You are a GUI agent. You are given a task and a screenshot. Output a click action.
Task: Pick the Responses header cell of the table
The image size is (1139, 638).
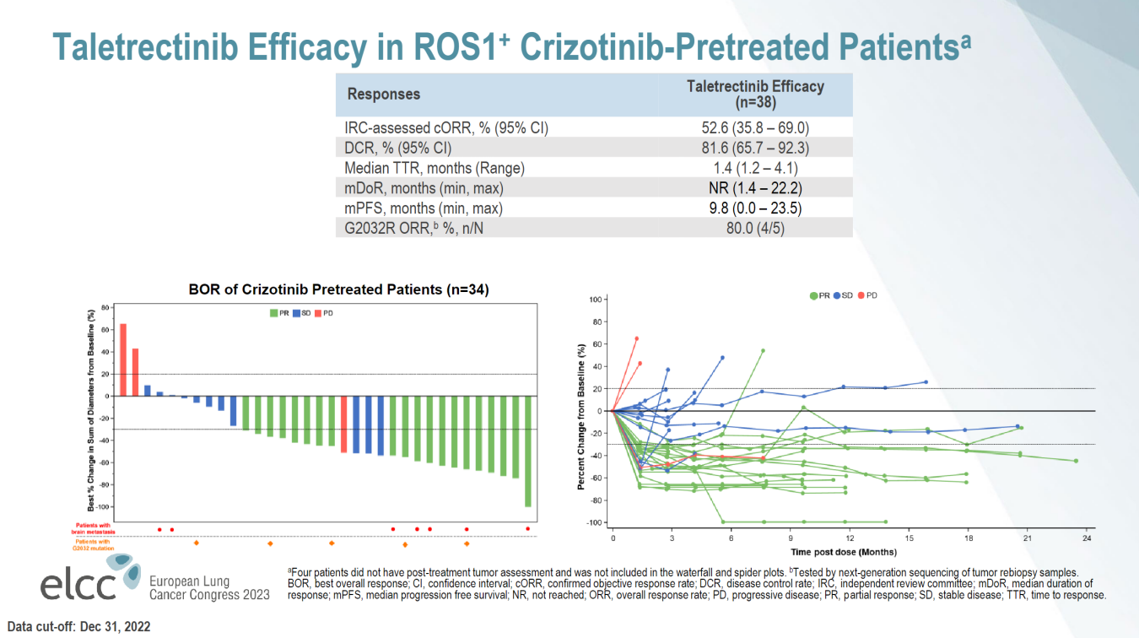click(384, 94)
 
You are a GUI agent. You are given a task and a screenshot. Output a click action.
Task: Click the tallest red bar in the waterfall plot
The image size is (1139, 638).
click(123, 360)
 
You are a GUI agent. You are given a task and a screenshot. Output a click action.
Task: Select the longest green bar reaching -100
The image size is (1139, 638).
click(528, 451)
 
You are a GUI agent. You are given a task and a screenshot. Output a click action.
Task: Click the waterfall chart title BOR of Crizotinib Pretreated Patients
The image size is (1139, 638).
click(338, 289)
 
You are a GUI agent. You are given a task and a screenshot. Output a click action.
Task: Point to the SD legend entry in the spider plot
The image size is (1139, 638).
click(843, 295)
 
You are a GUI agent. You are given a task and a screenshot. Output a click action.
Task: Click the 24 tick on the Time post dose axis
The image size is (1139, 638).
click(1087, 538)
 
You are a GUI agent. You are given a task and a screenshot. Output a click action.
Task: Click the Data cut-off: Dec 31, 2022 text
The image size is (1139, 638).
click(77, 628)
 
